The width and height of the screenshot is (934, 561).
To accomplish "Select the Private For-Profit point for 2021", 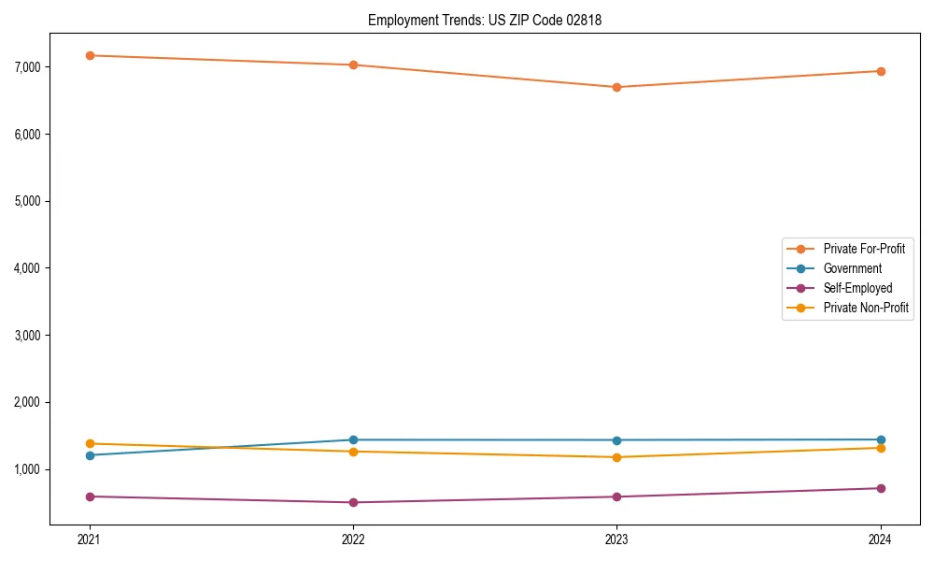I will [x=90, y=55].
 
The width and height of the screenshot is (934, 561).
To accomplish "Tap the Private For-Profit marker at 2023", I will [x=617, y=87].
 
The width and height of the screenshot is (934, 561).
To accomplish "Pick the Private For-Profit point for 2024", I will [x=881, y=71].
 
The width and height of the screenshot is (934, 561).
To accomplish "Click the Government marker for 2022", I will [x=353, y=439].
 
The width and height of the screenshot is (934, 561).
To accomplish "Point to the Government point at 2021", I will [x=90, y=455].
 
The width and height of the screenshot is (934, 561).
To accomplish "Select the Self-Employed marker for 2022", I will [x=353, y=502].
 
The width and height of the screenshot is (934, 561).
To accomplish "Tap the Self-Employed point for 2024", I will [x=881, y=488].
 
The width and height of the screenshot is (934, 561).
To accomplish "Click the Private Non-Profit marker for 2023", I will [x=617, y=457].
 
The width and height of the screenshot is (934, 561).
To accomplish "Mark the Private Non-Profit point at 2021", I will [x=90, y=443].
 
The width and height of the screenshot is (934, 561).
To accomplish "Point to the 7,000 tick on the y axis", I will [x=26, y=67].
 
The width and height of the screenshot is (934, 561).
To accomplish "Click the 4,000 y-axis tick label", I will [x=26, y=268].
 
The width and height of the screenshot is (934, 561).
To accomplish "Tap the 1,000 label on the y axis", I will [x=26, y=469].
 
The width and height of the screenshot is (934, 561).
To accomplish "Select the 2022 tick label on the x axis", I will [x=353, y=539].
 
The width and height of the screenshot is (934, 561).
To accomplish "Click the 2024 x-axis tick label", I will [x=881, y=539].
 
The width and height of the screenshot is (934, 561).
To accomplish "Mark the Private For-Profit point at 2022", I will [x=353, y=65].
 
